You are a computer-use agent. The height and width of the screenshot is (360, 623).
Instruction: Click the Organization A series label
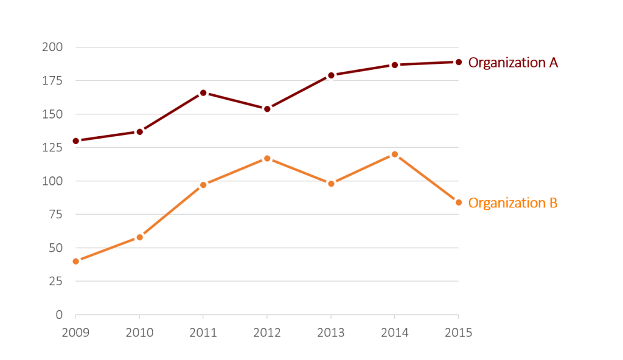tap(513, 63)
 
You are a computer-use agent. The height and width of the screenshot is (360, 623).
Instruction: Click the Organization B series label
tap(512, 203)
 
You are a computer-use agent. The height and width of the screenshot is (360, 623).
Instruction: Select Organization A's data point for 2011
tap(203, 93)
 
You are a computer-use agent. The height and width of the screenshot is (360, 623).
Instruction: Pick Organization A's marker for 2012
tap(267, 109)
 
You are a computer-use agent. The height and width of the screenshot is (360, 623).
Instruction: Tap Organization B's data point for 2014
tap(395, 154)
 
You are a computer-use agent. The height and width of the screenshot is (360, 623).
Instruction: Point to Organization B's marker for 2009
tap(76, 261)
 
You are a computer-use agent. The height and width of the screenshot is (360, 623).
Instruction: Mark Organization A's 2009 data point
tap(76, 141)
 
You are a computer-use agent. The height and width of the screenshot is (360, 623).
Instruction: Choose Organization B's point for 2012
tap(267, 159)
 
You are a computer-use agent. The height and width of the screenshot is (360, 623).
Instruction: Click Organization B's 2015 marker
tap(459, 202)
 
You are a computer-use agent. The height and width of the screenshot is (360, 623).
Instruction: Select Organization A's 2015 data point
tap(459, 62)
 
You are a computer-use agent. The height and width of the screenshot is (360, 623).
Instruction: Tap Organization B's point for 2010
tap(140, 237)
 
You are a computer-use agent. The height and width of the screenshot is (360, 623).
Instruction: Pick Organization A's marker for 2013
tap(331, 75)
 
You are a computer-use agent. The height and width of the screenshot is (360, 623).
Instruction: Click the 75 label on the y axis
tap(55, 215)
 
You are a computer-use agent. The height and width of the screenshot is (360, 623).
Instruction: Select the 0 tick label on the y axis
tap(59, 315)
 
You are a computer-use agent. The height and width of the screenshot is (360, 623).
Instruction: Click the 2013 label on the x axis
tap(331, 333)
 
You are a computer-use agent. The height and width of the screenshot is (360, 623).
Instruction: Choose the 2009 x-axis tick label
tap(76, 333)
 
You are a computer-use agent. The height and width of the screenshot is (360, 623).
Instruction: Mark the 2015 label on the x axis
tap(459, 333)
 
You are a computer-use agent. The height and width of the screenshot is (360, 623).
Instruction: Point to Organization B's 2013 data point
tap(331, 184)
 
